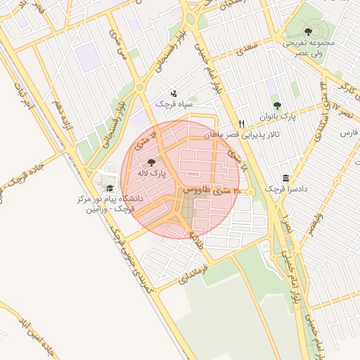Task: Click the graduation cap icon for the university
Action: pyautogui.click(x=109, y=188)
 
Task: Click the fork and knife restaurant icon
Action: pyautogui.click(x=241, y=122)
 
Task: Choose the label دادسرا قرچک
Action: pyautogui.click(x=281, y=189)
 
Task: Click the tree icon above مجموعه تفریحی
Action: pyautogui.click(x=308, y=31)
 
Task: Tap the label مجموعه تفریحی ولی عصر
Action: pyautogui.click(x=309, y=47)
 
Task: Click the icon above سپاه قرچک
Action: pyautogui.click(x=174, y=93)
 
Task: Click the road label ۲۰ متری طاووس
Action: pyautogui.click(x=212, y=191)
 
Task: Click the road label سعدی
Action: pyautogui.click(x=243, y=51)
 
